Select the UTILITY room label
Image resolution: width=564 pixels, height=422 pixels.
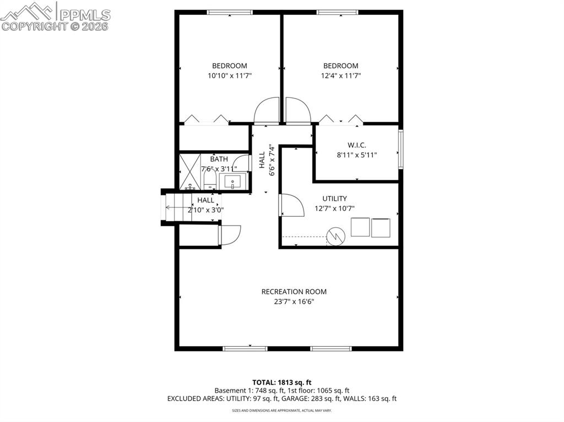pos(334,199)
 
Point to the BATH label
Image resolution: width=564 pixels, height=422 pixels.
pos(219,159)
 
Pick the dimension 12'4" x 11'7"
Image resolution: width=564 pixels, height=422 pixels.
pos(340,76)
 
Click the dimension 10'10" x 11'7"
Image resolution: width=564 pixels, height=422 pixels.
pos(230,76)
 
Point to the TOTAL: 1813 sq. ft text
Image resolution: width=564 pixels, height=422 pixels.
pos(282,382)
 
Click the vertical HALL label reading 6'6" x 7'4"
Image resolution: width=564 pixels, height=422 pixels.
pos(267,160)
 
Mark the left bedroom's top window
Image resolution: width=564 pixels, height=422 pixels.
pos(230,12)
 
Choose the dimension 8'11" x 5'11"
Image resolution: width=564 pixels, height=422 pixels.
pos(357,155)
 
